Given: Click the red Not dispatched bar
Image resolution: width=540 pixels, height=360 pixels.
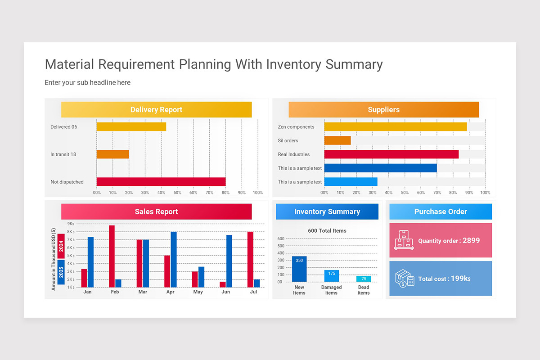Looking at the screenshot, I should [x=161, y=182].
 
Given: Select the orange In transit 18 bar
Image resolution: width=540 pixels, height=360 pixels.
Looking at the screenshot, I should [x=112, y=154].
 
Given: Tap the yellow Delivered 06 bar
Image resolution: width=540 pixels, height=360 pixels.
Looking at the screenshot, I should [x=131, y=127].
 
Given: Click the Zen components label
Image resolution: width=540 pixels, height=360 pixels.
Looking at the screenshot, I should [x=296, y=127].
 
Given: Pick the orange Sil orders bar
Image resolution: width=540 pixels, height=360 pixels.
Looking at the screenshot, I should [x=337, y=140].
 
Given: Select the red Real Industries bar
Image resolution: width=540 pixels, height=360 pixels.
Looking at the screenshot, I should [x=391, y=154].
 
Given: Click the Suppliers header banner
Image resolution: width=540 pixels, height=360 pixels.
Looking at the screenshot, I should [x=383, y=110].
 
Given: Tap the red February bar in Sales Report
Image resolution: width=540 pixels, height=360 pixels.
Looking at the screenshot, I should [x=112, y=256].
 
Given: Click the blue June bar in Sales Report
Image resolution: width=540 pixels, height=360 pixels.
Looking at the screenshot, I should [x=229, y=261].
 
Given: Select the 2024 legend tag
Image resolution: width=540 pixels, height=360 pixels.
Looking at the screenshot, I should [x=61, y=246].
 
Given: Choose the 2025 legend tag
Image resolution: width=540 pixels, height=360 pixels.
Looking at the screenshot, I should [x=61, y=272].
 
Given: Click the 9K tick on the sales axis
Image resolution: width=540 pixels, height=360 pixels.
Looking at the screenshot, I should [x=71, y=224].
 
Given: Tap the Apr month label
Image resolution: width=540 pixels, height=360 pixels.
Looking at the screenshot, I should [x=170, y=292].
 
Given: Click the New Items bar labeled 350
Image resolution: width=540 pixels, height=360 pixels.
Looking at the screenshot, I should [x=299, y=269].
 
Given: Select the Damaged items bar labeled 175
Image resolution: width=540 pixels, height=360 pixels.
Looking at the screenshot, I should [x=332, y=276].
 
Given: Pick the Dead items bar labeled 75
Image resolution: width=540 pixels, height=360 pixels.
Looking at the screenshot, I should [x=364, y=279].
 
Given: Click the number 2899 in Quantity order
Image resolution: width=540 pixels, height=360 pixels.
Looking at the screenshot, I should [x=471, y=240].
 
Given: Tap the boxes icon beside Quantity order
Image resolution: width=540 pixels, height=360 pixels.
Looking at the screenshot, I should [x=404, y=240].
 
